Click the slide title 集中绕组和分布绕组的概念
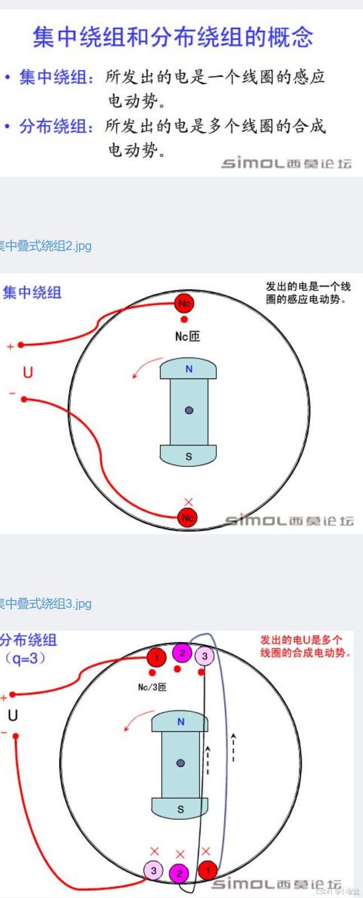pyautogui.click(x=173, y=37)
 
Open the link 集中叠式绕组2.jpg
pyautogui.click(x=45, y=245)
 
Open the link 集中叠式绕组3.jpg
pyautogui.click(x=45, y=604)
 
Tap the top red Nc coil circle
pyautogui.click(x=184, y=304)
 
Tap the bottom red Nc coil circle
pyautogui.click(x=188, y=518)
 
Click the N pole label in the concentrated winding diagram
pyautogui.click(x=189, y=369)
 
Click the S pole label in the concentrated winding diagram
pyautogui.click(x=189, y=457)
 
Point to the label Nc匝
pyautogui.click(x=187, y=336)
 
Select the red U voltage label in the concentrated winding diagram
pyautogui.click(x=27, y=372)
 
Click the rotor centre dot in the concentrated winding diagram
pyautogui.click(x=189, y=410)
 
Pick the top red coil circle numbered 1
pyautogui.click(x=156, y=658)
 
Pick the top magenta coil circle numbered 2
pyautogui.click(x=182, y=653)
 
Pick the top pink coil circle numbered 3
pyautogui.click(x=205, y=656)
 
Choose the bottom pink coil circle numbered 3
pyautogui.click(x=153, y=870)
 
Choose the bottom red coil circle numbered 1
pyautogui.click(x=208, y=870)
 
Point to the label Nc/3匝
pyautogui.click(x=152, y=687)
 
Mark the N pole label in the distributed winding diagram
pyautogui.click(x=180, y=722)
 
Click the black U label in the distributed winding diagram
pyautogui.click(x=12, y=715)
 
